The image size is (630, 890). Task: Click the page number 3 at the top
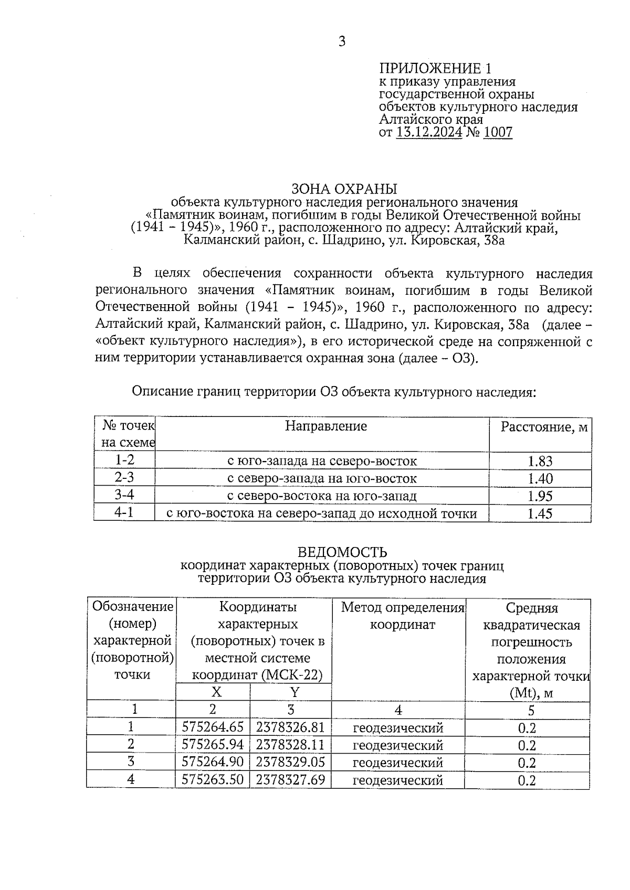pyautogui.click(x=342, y=41)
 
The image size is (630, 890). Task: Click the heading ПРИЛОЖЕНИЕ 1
pyautogui.click(x=436, y=69)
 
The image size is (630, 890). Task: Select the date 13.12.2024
pyautogui.click(x=429, y=132)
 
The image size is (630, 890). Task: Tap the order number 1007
pyautogui.click(x=497, y=132)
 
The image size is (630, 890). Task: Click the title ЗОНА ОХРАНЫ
pyautogui.click(x=344, y=189)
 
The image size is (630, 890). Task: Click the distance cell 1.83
pyautogui.click(x=540, y=462)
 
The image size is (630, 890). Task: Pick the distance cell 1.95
pyautogui.click(x=540, y=496)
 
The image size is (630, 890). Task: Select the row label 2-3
pyautogui.click(x=124, y=478)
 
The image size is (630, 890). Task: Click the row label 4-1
pyautogui.click(x=124, y=512)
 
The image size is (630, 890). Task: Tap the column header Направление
pyautogui.click(x=325, y=426)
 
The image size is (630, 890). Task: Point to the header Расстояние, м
pyautogui.click(x=543, y=427)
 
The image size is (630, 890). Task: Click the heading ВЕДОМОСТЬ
pyautogui.click(x=342, y=552)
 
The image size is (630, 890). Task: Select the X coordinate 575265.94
pyautogui.click(x=213, y=745)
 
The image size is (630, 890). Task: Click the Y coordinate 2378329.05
pyautogui.click(x=290, y=762)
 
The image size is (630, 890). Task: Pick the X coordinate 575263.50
pyautogui.click(x=213, y=779)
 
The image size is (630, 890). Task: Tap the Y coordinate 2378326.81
pyautogui.click(x=290, y=727)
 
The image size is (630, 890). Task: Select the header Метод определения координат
pyautogui.click(x=403, y=616)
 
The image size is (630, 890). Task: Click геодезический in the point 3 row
pyautogui.click(x=398, y=763)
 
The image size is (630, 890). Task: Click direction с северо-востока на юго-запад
pyautogui.click(x=321, y=496)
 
